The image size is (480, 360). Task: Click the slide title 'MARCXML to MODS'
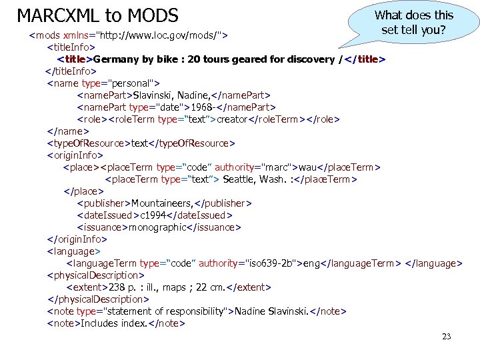tap(97, 15)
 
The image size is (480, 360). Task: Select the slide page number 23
tap(447, 336)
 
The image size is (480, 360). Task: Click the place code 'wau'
tap(308, 167)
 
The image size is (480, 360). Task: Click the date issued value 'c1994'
tap(155, 215)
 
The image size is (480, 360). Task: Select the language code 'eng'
tap(311, 263)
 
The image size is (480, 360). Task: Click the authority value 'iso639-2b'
tap(271, 263)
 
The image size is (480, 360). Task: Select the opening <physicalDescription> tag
tap(95, 275)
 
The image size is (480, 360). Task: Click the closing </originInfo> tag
tap(77, 239)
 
